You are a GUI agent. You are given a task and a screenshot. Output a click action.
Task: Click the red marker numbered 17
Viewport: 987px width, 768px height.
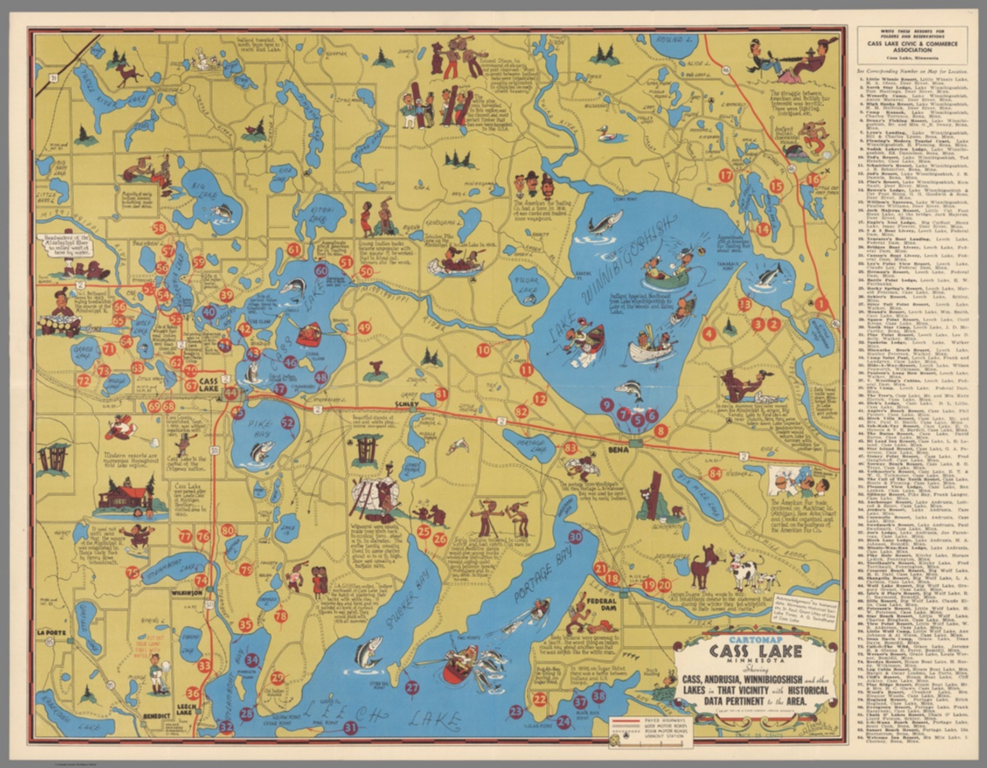click(x=725, y=175)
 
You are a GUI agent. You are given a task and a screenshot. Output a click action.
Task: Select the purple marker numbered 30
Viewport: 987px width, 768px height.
click(x=575, y=537)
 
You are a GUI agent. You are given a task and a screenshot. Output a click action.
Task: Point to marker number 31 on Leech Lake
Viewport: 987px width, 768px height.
click(x=350, y=728)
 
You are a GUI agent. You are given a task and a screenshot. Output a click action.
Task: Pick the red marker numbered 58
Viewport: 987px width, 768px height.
click(x=159, y=228)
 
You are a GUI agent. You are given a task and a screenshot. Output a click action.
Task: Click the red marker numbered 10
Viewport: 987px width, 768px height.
click(x=483, y=350)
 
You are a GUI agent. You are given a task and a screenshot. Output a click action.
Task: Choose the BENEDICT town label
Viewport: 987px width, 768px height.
click(x=157, y=715)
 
